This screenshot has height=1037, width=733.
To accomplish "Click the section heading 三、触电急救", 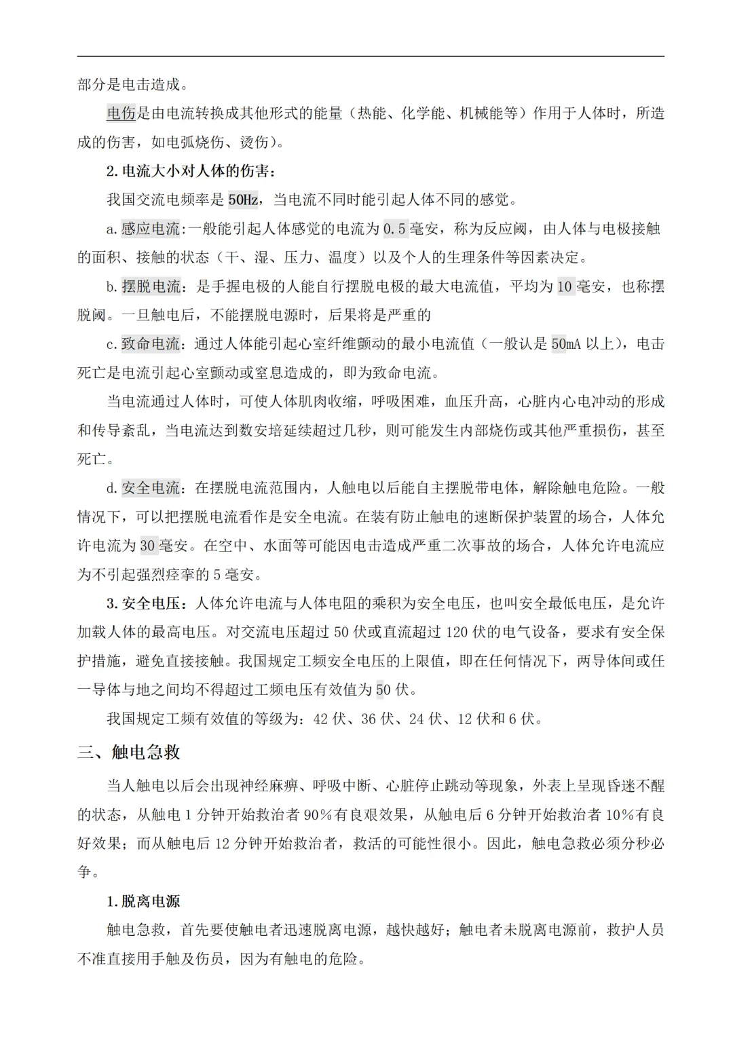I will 129,752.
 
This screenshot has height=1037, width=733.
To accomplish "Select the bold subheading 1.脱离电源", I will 143,901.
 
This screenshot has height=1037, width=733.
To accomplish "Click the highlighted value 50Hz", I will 243,200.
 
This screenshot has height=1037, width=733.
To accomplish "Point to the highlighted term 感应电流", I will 151,229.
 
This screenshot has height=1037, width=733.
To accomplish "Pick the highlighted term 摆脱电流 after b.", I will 151,286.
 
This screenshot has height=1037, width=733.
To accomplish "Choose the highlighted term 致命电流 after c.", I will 151,344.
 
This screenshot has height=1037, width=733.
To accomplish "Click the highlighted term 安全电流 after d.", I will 151,488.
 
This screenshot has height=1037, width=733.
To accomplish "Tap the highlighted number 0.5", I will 394,229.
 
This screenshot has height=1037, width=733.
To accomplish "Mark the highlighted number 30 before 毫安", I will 148,546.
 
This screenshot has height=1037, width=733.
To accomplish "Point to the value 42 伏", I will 329,718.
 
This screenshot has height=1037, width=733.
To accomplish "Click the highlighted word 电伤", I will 121,113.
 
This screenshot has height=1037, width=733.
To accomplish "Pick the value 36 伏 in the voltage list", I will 377,718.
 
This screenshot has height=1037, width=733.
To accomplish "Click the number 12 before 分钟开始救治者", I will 223,844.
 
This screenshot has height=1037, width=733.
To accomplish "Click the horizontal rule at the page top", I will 371,56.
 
